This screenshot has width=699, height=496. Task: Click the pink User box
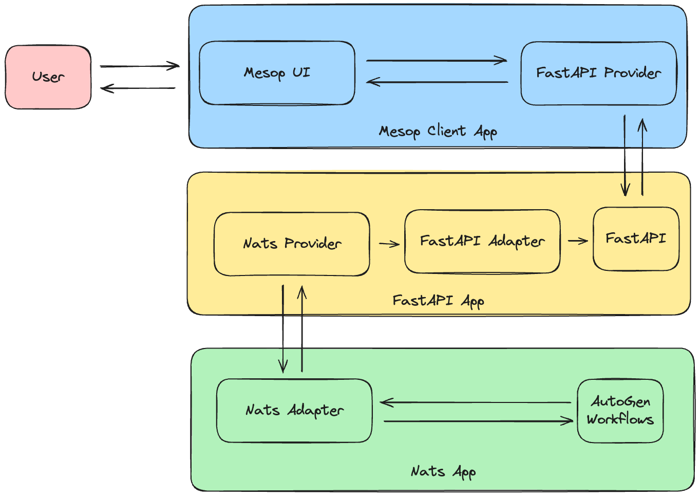click(48, 77)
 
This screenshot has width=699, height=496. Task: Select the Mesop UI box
click(277, 73)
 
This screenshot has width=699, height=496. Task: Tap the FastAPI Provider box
click(598, 73)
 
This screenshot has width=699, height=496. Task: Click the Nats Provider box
click(292, 244)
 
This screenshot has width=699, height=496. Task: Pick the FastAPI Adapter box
click(482, 241)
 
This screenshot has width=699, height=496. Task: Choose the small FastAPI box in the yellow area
click(636, 238)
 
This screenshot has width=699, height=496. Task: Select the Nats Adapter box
click(294, 411)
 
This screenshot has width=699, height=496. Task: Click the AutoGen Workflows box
click(620, 411)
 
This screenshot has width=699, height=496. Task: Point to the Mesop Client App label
click(438, 132)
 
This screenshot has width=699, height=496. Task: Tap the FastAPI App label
click(438, 301)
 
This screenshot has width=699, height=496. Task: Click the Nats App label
click(443, 472)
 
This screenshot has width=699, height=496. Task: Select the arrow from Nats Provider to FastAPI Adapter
click(389, 244)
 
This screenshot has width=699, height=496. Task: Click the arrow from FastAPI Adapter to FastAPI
click(578, 241)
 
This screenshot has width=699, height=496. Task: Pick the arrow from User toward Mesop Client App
click(139, 66)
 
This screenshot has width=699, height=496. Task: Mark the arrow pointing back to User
click(138, 88)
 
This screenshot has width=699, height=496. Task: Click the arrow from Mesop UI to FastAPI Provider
click(437, 61)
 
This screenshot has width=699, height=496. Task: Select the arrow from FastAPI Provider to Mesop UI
click(437, 82)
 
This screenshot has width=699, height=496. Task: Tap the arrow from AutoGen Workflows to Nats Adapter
click(476, 402)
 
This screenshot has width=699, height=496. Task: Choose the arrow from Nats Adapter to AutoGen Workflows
click(478, 421)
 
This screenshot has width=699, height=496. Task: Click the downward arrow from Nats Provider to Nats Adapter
click(282, 329)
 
